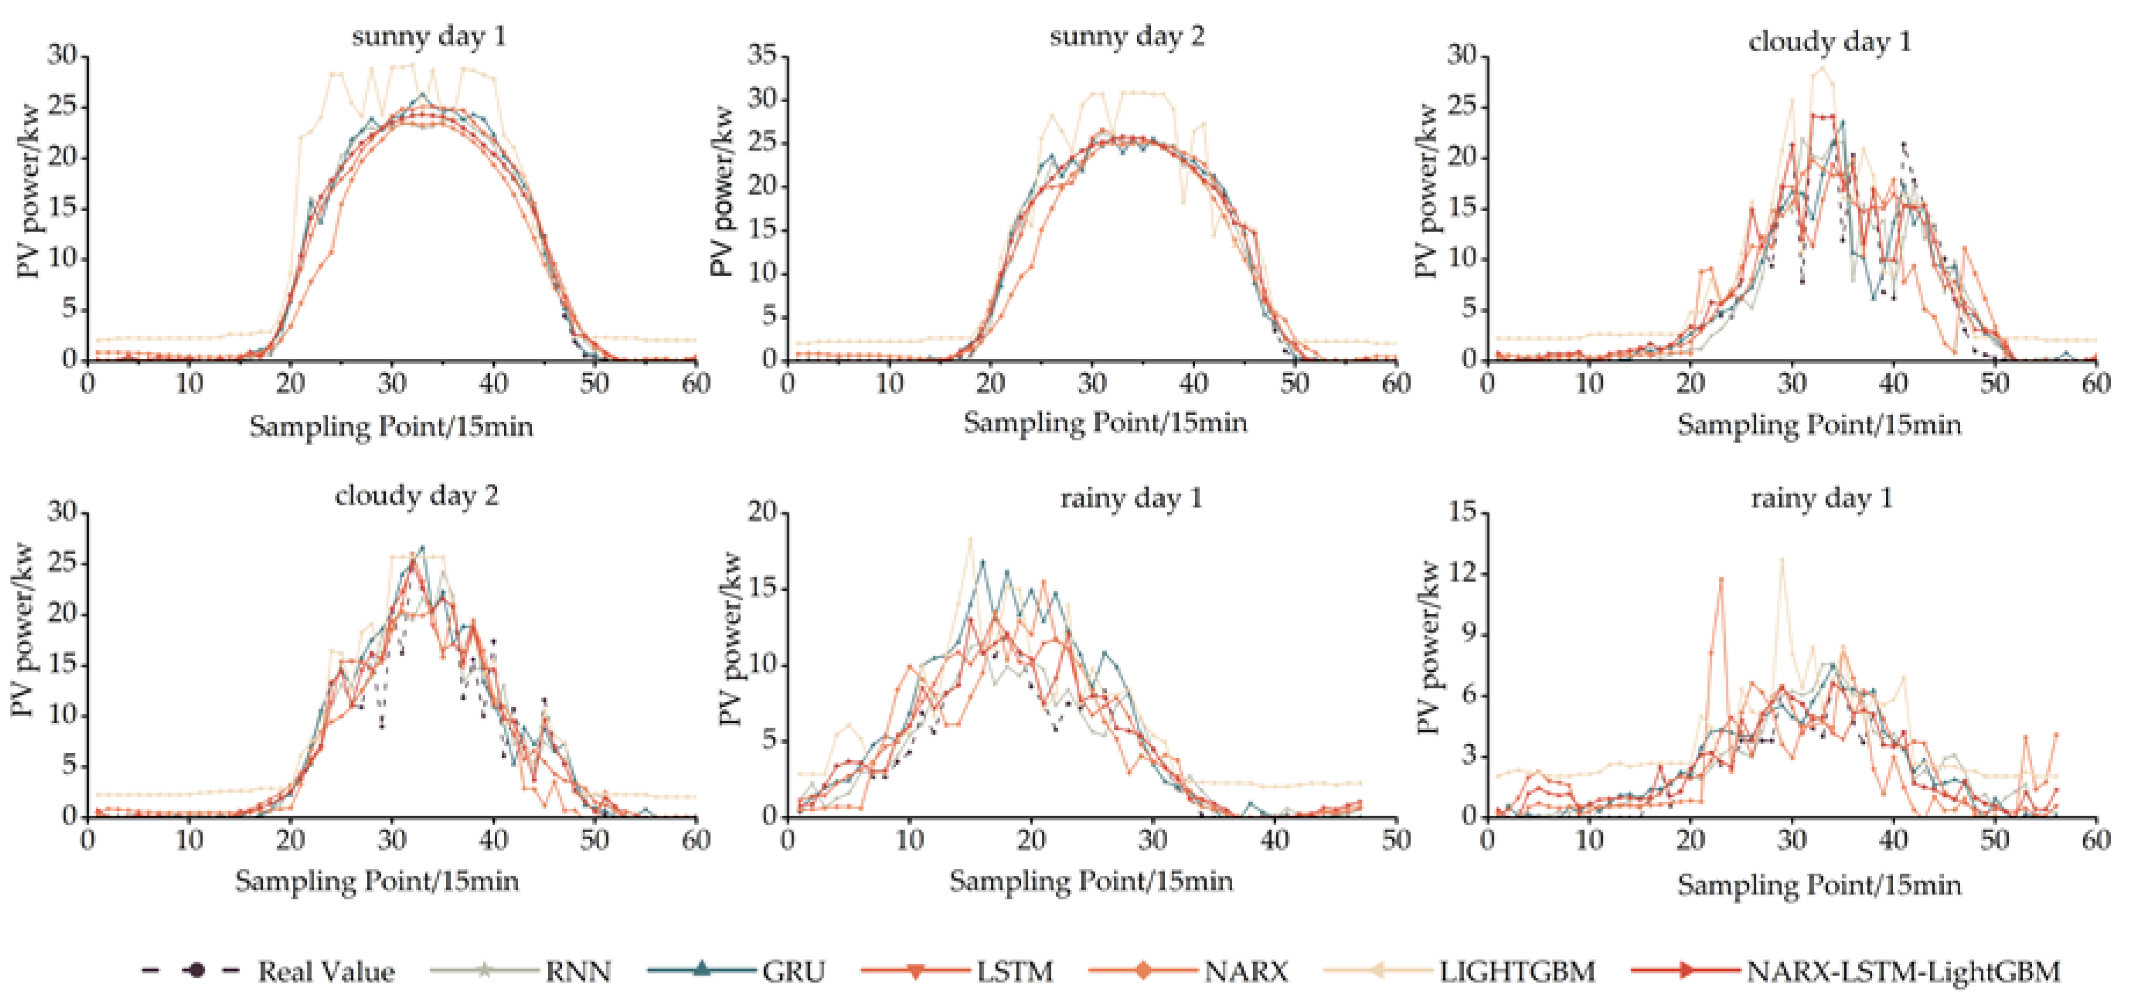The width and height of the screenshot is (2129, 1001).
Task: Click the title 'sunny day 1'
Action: click(428, 37)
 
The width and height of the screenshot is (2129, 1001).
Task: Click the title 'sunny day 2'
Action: click(1127, 37)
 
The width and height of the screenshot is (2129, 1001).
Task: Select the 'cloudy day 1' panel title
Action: click(1830, 41)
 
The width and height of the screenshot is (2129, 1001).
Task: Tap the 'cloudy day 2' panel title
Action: click(417, 496)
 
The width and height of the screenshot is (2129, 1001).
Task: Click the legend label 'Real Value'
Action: click(325, 971)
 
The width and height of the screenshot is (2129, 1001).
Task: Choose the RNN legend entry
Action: click(578, 971)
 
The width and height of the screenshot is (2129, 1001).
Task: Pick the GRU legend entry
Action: click(794, 971)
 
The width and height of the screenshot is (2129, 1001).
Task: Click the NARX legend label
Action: click(1245, 971)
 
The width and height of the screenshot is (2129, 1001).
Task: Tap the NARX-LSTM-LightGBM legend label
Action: click(1903, 971)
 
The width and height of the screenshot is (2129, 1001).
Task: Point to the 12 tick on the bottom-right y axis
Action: click(1464, 574)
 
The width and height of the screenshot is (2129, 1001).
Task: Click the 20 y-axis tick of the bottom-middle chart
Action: click(762, 512)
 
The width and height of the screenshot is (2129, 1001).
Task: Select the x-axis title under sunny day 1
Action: click(391, 427)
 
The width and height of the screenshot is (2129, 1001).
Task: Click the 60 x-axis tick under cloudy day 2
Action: click(696, 840)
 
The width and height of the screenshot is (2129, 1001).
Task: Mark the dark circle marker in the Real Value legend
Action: click(195, 970)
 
